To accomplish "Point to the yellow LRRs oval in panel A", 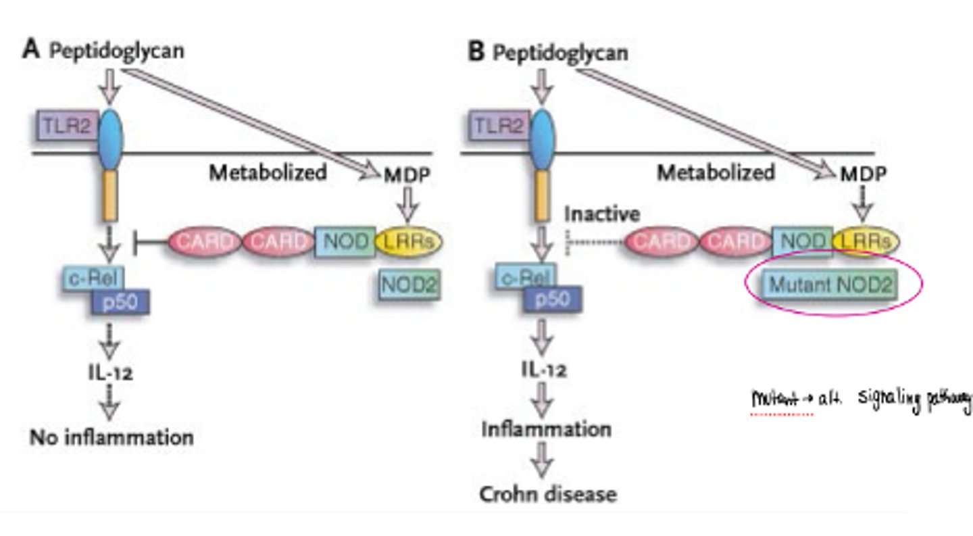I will (407, 241).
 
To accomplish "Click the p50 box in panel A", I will (120, 303).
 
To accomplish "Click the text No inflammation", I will (111, 437).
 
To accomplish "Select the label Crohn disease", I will (548, 494).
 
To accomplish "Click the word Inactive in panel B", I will (602, 215).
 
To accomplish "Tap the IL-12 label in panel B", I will (544, 370).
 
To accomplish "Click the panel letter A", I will (32, 50).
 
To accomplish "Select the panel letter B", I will (476, 52).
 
